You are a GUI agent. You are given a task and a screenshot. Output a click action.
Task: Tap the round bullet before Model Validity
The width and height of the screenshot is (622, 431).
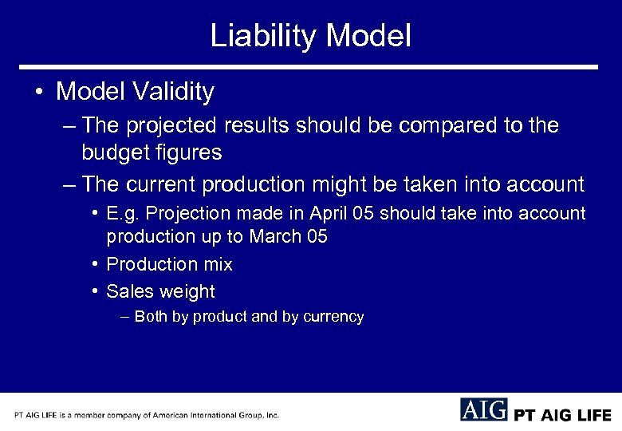click(x=39, y=92)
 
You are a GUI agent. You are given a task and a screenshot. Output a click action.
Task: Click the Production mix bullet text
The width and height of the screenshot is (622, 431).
click(x=169, y=264)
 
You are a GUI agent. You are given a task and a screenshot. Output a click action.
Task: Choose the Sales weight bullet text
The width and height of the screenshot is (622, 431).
click(x=160, y=291)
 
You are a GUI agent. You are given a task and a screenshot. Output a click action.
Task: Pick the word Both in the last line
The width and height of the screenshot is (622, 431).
click(x=152, y=317)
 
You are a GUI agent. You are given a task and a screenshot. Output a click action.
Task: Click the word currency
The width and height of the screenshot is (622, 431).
click(x=333, y=318)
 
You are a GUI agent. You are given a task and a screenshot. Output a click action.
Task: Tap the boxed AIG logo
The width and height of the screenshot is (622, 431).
click(x=483, y=409)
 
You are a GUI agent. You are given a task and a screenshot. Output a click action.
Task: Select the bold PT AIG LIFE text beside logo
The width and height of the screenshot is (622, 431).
click(x=562, y=415)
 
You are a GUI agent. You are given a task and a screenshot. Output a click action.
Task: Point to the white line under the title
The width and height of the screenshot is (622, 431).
click(x=309, y=67)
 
